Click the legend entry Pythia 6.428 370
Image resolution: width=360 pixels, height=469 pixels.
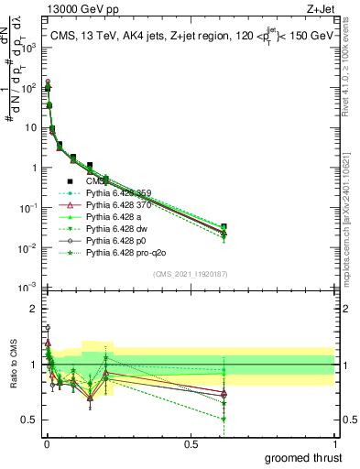[118, 204]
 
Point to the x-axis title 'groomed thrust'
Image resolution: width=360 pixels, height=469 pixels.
[302, 456]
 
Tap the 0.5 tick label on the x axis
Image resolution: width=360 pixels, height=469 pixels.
[191, 444]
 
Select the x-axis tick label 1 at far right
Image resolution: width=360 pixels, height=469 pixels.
[334, 444]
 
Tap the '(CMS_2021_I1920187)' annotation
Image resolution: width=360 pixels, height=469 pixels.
[191, 274]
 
